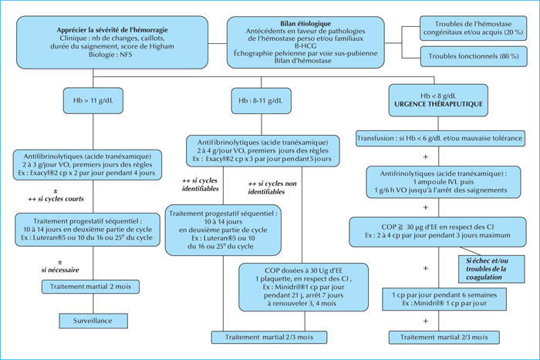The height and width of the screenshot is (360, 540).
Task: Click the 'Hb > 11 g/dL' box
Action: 93,100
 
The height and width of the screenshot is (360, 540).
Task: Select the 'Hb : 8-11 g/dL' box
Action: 261,100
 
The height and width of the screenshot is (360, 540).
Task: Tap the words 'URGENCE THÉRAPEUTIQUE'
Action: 438,104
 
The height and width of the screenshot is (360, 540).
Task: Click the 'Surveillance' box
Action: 93,321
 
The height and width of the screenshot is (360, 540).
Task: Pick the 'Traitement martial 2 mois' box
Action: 90,287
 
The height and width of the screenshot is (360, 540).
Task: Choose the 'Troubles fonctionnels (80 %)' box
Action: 474,56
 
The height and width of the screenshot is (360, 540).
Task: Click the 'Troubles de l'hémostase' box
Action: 473,29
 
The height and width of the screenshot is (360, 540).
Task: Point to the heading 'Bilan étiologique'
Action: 305,23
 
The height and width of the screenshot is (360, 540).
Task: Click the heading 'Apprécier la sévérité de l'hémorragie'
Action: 113,30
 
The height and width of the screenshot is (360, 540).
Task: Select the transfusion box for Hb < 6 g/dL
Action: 440,138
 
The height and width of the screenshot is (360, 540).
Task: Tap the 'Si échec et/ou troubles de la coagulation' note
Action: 491,269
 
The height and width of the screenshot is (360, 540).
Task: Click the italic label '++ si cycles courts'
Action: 56,199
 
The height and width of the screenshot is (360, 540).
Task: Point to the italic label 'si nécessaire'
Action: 60,270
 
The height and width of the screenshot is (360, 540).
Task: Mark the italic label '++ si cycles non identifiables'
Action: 272,187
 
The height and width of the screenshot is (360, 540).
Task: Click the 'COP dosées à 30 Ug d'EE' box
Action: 303,287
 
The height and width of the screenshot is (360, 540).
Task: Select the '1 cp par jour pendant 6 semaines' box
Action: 444,299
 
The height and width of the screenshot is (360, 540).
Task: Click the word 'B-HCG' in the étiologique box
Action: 305,45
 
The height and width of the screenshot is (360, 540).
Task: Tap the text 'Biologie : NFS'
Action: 110,55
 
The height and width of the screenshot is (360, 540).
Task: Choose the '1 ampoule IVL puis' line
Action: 444,182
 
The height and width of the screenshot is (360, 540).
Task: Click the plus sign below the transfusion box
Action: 426,157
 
